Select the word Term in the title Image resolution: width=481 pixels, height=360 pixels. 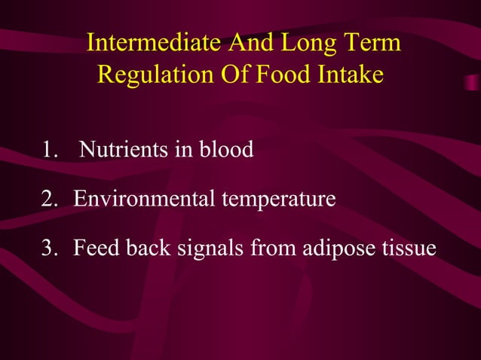[x=372, y=44]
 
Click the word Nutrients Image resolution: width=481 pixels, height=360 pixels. [x=124, y=151]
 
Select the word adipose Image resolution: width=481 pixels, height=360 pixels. [x=336, y=249]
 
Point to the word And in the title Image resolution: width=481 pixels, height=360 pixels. [x=254, y=44]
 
